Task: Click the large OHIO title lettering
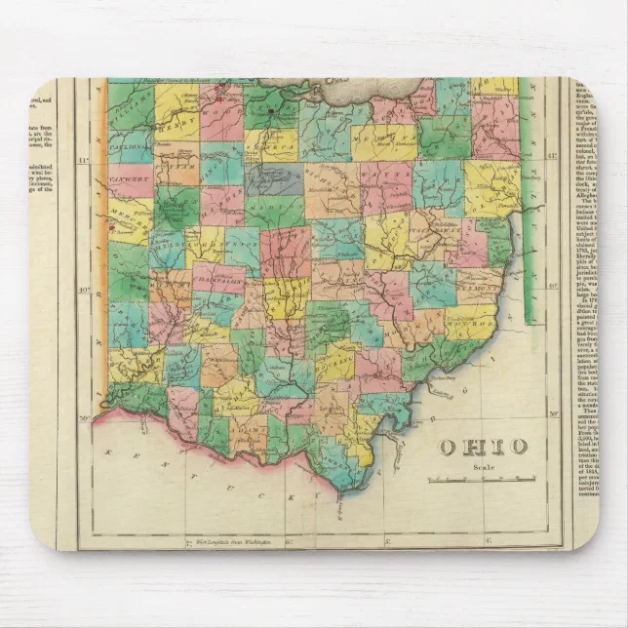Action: coord(483,448)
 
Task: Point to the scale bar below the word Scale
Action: coord(482,479)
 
